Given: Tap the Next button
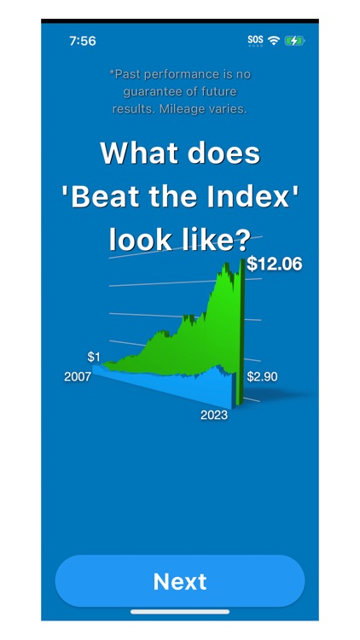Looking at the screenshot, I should [180, 581].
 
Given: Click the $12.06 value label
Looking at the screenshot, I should [274, 265].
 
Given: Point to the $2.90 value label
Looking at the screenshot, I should [262, 376].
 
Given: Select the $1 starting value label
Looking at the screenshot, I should [94, 356].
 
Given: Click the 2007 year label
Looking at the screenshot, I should [77, 376].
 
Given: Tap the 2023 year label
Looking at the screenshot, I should [213, 416].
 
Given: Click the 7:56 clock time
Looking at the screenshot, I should [82, 40].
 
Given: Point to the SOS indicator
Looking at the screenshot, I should [255, 39].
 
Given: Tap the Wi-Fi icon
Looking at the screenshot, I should [273, 39].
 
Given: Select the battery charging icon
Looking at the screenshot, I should [294, 39].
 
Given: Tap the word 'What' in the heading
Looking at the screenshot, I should [132, 154].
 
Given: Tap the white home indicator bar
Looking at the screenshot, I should [180, 612].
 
